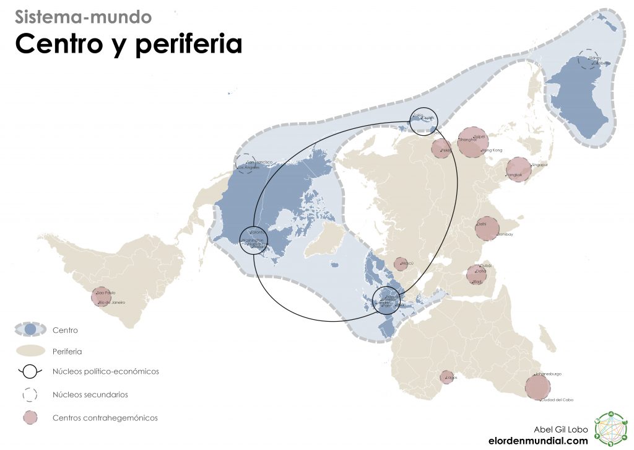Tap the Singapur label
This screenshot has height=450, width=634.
[540, 165]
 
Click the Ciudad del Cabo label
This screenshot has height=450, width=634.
[557, 400]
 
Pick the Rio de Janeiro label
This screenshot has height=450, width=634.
[112, 302]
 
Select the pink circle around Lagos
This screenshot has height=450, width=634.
[446, 377]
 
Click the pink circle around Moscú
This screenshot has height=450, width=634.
[401, 264]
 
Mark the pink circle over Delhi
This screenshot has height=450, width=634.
[487, 228]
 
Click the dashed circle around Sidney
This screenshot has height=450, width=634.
[588, 60]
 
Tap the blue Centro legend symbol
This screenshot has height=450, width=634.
[30, 330]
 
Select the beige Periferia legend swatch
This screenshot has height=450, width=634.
[30, 351]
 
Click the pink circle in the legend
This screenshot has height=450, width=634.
[30, 417]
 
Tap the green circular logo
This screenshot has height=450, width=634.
[611, 428]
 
